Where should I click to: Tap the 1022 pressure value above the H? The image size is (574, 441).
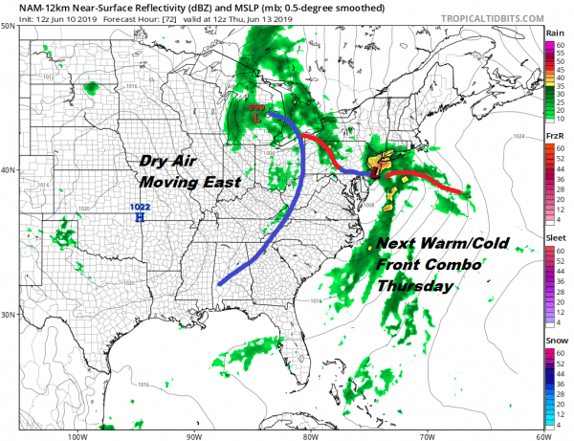[x=140, y=208]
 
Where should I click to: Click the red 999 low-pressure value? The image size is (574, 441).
[x=256, y=109]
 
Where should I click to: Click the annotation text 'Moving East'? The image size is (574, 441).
[x=188, y=181]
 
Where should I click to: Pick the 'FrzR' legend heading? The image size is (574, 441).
[x=553, y=136]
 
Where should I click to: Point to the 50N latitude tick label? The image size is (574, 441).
[x=8, y=27]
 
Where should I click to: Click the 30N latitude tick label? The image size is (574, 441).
[x=8, y=315]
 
